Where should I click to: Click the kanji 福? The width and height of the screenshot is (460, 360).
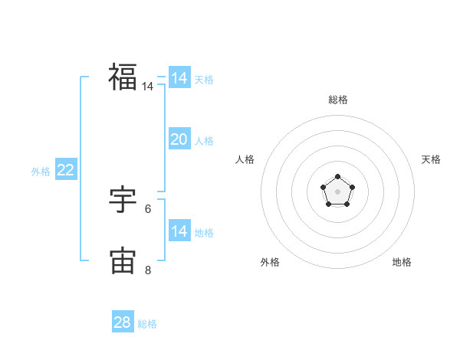pos(123,77)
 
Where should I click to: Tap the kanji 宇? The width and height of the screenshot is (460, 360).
pos(123,201)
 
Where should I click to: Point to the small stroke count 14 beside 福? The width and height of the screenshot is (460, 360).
pos(147,87)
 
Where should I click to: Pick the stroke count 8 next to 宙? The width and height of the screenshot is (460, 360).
pos(148,270)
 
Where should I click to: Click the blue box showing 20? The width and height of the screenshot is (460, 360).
pos(179,139)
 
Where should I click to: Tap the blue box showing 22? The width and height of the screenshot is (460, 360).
pos(65,170)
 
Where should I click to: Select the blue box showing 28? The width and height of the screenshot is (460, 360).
pos(123,322)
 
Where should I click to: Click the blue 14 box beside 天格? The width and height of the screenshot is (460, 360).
pos(179,78)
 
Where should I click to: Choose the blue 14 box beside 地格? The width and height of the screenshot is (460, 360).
pos(179,231)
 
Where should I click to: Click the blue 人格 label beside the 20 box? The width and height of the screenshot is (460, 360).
pos(204,141)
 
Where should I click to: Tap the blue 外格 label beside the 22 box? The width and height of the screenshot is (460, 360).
pos(41,172)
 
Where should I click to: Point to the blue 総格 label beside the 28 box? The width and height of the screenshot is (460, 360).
pos(147,324)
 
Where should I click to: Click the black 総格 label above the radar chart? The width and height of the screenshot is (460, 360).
pos(337,100)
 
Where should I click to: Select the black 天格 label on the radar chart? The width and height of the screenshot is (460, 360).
pos(432,159)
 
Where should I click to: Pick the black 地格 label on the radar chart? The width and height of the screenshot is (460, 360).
pos(402,262)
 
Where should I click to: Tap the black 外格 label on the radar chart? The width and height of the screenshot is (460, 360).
pos(270,262)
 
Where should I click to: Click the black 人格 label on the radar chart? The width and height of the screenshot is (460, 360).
pos(245,159)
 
